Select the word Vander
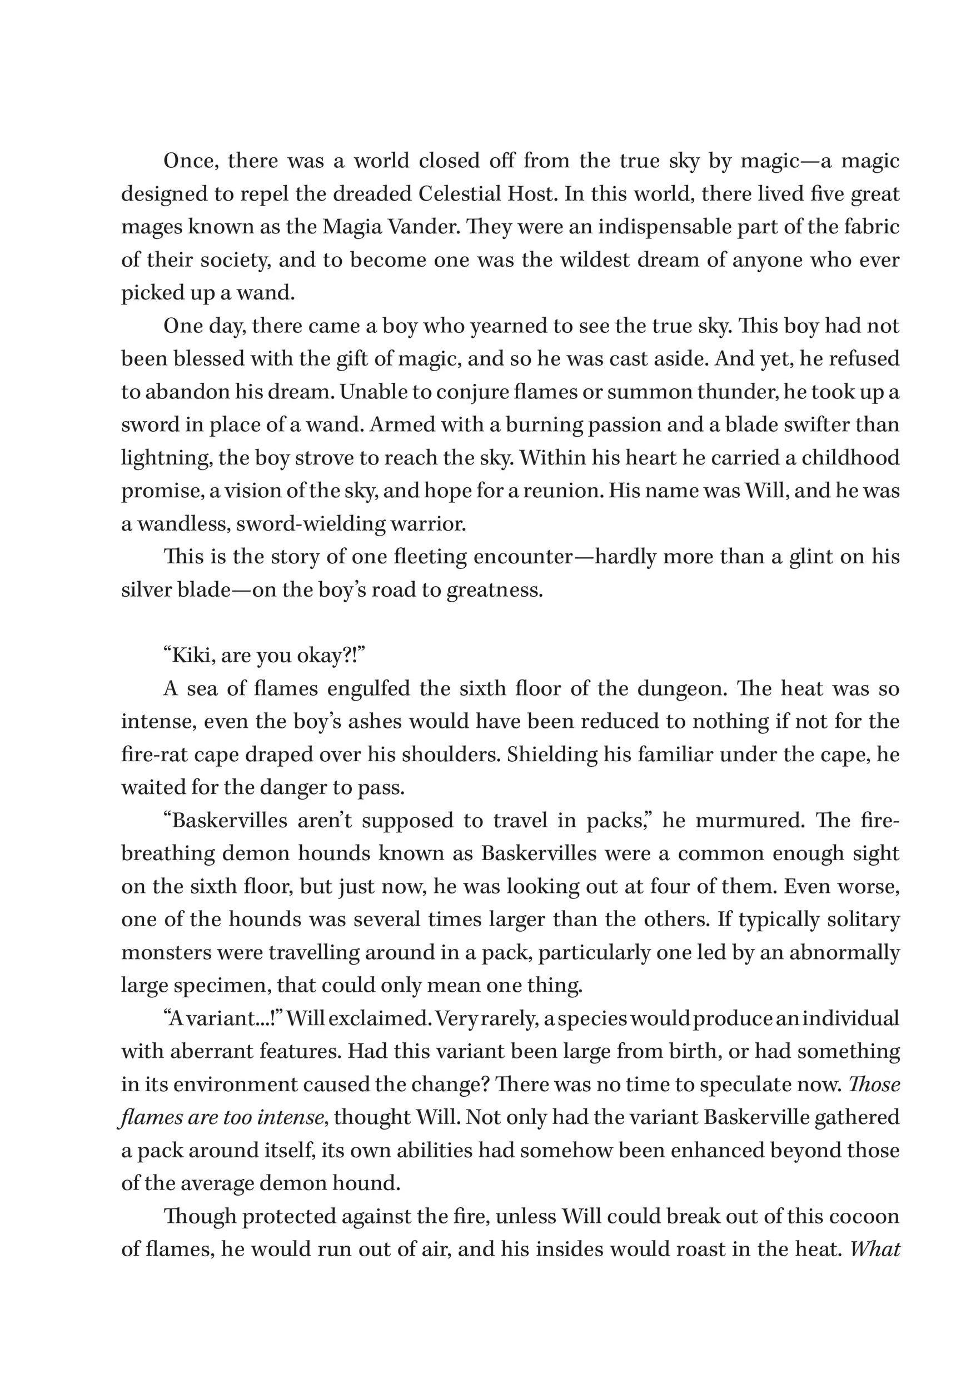click(416, 227)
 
